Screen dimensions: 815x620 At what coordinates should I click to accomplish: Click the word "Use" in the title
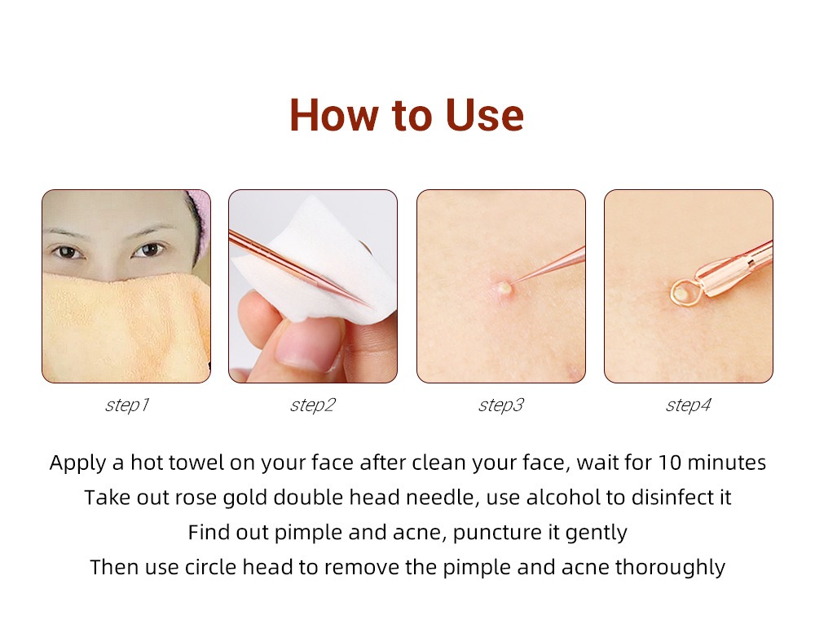point(484,114)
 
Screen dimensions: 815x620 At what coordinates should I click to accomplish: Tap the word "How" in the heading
point(333,114)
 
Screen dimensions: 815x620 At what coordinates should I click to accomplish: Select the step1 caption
point(127,405)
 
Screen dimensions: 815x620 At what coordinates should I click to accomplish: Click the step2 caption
point(313,405)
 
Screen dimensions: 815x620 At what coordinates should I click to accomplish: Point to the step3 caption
point(501,405)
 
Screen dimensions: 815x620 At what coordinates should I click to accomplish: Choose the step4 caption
point(688,405)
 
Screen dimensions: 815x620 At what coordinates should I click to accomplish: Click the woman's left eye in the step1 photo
point(148,250)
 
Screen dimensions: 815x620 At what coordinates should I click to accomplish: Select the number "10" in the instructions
point(671,463)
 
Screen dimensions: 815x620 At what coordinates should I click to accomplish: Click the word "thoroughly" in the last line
point(670,568)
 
